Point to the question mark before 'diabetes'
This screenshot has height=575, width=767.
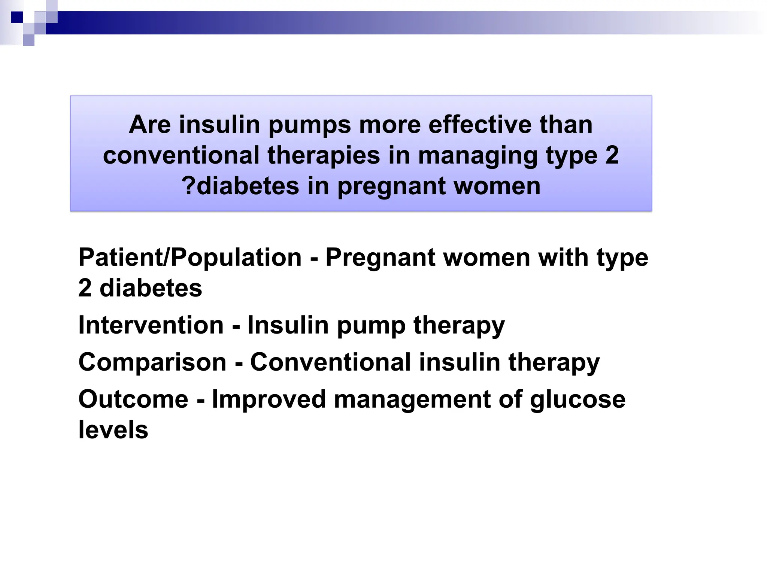[188, 186]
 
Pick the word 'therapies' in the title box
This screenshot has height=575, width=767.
[324, 156]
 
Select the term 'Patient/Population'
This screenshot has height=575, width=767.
[190, 258]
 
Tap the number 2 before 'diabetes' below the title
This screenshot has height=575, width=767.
[85, 288]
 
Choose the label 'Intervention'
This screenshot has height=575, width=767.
[151, 325]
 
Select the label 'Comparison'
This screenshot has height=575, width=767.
[152, 362]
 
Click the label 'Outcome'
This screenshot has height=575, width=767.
[133, 399]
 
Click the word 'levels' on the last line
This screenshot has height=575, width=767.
[113, 430]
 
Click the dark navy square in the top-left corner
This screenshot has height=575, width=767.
[17, 17]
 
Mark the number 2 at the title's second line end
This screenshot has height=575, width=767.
[612, 156]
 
